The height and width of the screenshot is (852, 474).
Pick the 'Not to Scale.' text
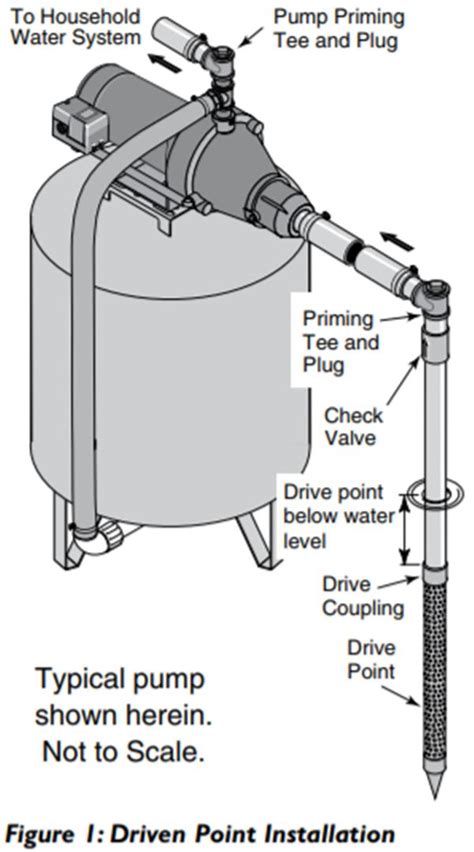(x=122, y=751)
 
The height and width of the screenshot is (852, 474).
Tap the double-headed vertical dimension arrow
(x=404, y=530)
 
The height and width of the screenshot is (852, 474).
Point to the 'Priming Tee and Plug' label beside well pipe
(x=341, y=341)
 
